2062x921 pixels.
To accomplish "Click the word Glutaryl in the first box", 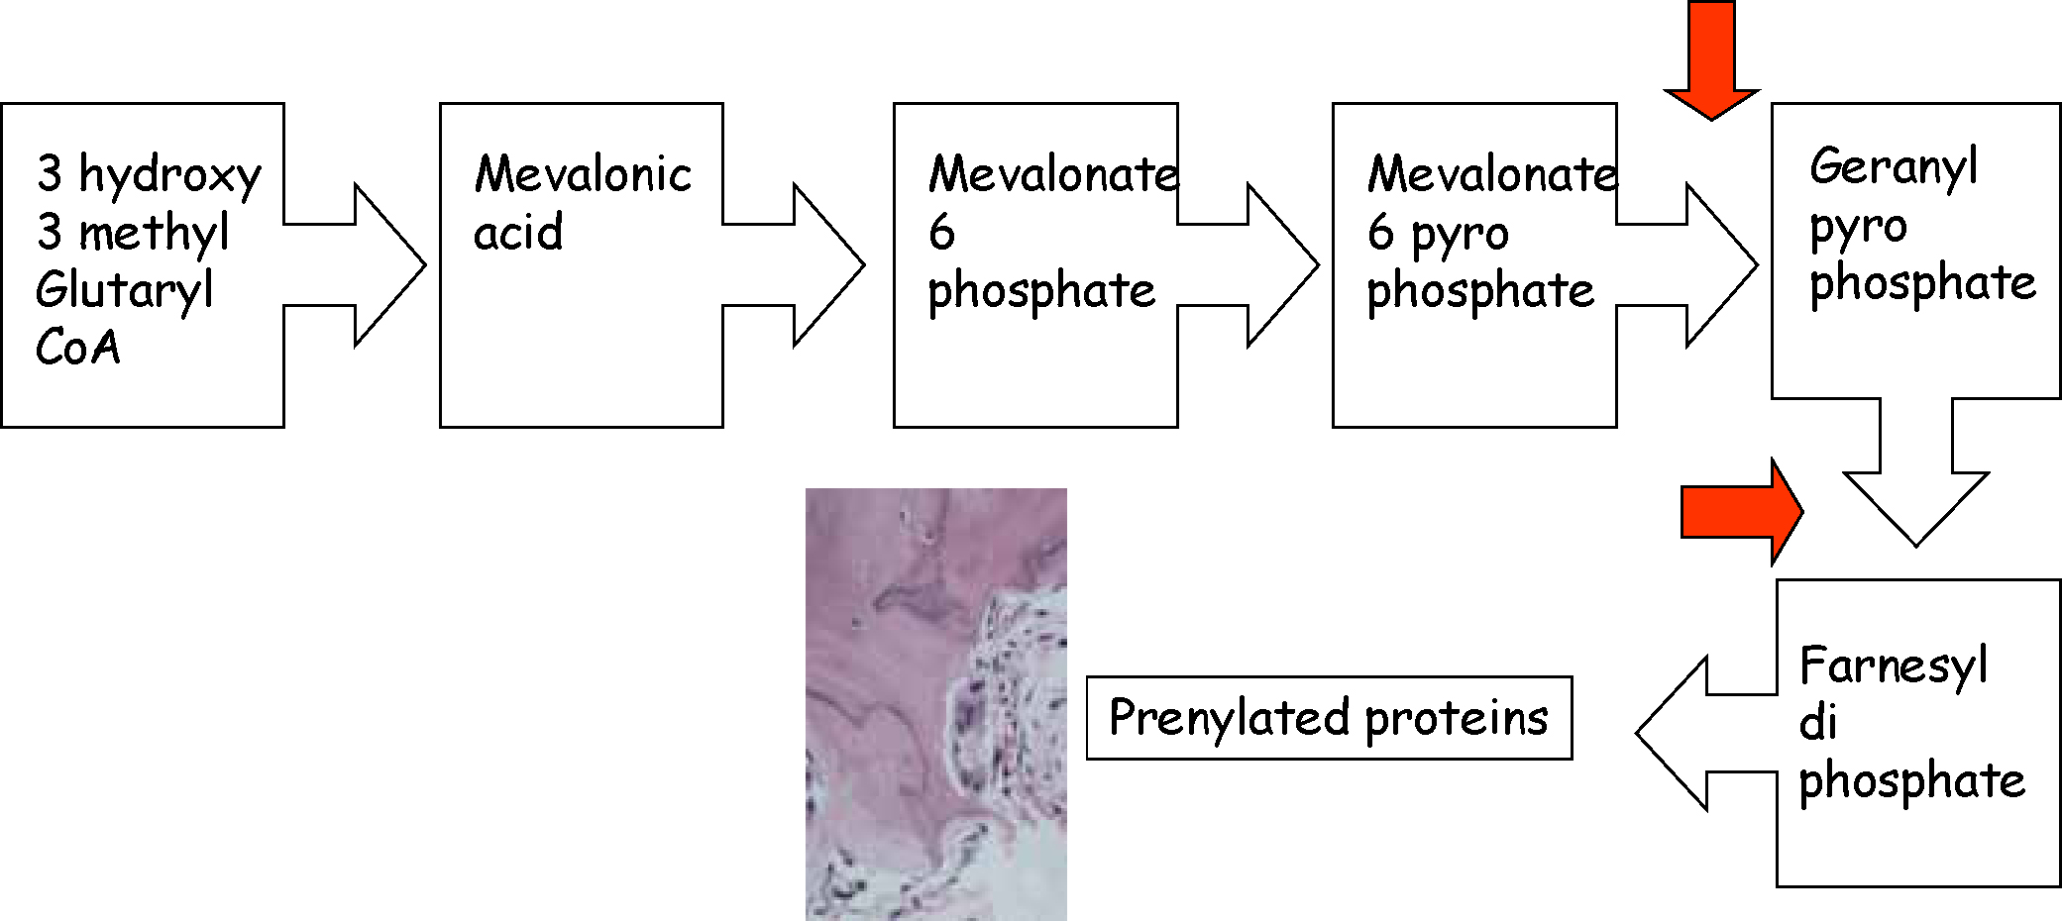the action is [x=125, y=291].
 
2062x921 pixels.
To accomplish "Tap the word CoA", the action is [x=78, y=348].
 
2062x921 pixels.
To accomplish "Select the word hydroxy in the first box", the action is [x=169, y=175].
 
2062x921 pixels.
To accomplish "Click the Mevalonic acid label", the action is [x=583, y=202].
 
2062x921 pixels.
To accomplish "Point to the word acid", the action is [x=518, y=232].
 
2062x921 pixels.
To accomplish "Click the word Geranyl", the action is [x=1894, y=166].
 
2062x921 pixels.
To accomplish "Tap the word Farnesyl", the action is [x=1893, y=665].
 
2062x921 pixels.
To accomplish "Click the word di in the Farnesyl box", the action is [x=1818, y=722].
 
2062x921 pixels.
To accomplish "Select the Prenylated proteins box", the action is [x=1329, y=718].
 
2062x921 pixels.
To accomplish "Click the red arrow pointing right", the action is [x=1742, y=512].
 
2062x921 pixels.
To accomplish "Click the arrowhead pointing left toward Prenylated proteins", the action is [x=1673, y=733].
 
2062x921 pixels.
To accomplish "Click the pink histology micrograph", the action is [x=936, y=704].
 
